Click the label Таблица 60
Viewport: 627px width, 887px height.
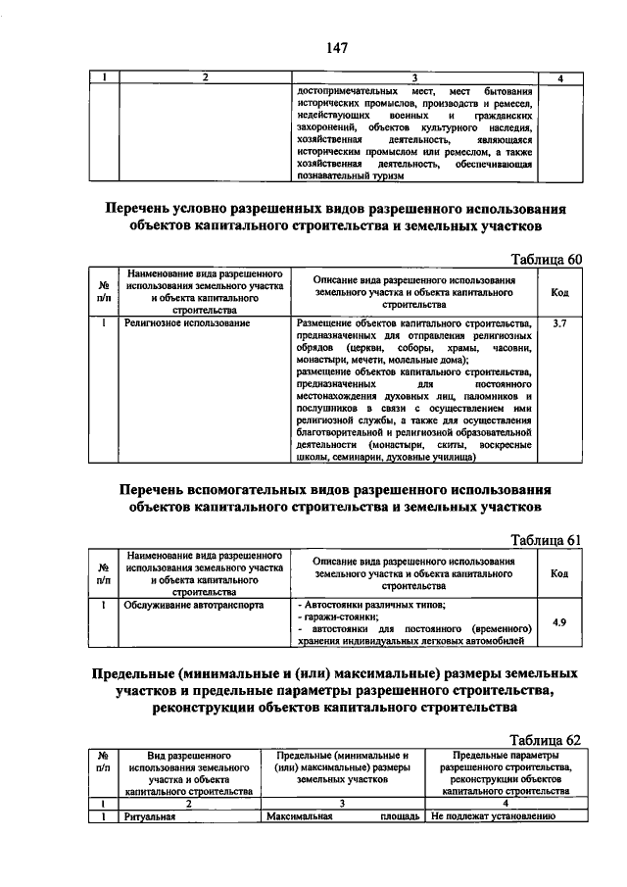click(x=548, y=259)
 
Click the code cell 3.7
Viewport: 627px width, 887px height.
click(x=560, y=322)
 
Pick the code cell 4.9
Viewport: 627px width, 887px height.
click(x=560, y=622)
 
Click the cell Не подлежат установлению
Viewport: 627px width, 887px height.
click(x=493, y=815)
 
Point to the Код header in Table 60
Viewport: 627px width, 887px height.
click(x=560, y=292)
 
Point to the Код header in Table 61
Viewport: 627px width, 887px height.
click(x=560, y=573)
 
